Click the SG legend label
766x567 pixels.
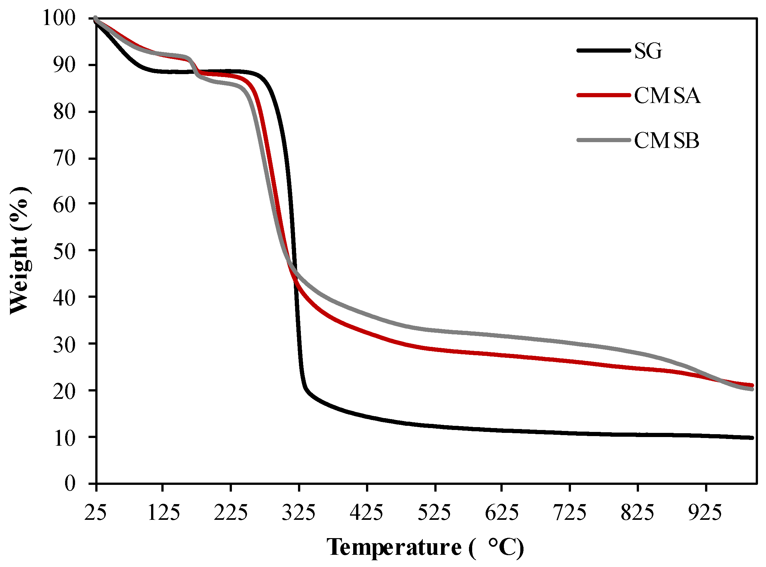[648, 51]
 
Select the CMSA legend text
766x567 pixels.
[667, 95]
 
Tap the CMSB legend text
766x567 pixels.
[667, 140]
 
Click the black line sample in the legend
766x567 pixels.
[603, 50]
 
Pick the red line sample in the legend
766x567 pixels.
[603, 95]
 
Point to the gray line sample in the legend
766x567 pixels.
[603, 140]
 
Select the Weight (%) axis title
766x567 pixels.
[20, 251]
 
